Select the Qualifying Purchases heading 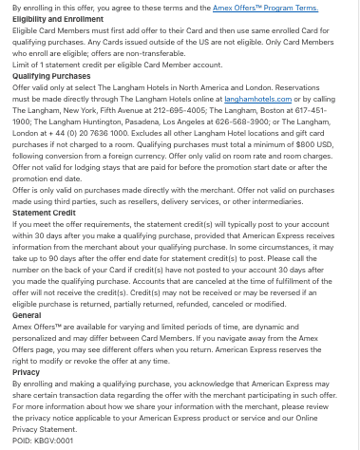pyautogui.click(x=45, y=74)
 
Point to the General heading pyautogui.click(x=27, y=313)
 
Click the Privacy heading pyautogui.click(x=26, y=373)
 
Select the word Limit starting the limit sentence pyautogui.click(x=22, y=64)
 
